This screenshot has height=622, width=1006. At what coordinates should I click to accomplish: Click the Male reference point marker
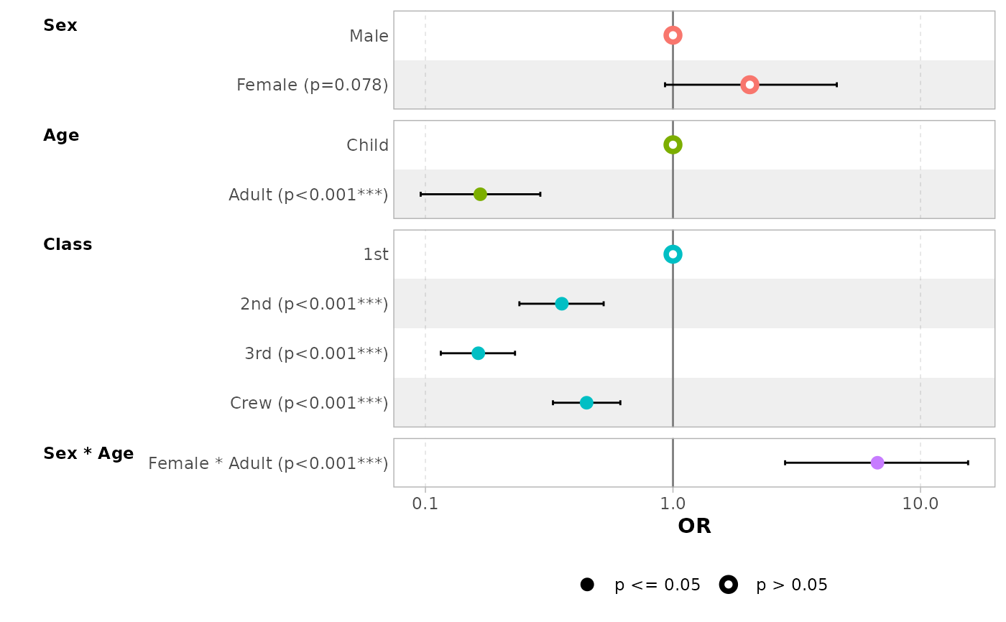[x=673, y=35]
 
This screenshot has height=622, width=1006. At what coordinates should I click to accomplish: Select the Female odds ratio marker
[x=749, y=85]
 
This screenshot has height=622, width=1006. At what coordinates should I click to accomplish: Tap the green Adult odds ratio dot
[x=480, y=194]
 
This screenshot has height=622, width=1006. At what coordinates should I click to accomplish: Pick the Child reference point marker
[x=673, y=145]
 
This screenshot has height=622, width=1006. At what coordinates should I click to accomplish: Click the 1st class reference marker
[x=673, y=254]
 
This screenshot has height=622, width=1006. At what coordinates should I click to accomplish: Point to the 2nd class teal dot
[x=561, y=304]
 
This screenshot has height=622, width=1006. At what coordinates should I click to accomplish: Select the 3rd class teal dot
[x=478, y=353]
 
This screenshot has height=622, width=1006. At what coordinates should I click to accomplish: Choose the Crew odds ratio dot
[x=586, y=403]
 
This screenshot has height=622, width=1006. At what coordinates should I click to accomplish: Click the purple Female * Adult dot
[x=877, y=463]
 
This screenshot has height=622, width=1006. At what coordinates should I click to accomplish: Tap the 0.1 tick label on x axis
[x=425, y=504]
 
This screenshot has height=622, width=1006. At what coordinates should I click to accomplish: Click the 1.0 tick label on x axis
[x=673, y=504]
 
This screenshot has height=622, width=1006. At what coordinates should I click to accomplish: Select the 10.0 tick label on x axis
[x=920, y=504]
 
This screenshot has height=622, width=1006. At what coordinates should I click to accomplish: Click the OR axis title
[x=694, y=526]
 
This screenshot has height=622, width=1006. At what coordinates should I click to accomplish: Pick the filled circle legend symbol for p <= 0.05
[x=587, y=585]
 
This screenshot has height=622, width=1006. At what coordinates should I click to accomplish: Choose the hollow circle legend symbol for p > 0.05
[x=729, y=585]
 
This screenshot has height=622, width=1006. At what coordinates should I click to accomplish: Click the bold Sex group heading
[x=60, y=26]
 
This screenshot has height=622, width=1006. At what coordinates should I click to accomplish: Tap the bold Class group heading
[x=68, y=245]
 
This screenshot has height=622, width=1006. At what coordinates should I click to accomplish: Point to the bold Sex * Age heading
[x=88, y=454]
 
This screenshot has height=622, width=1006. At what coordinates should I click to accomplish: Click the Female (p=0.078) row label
[x=313, y=85]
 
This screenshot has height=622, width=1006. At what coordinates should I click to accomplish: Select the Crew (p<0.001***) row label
[x=309, y=404]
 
